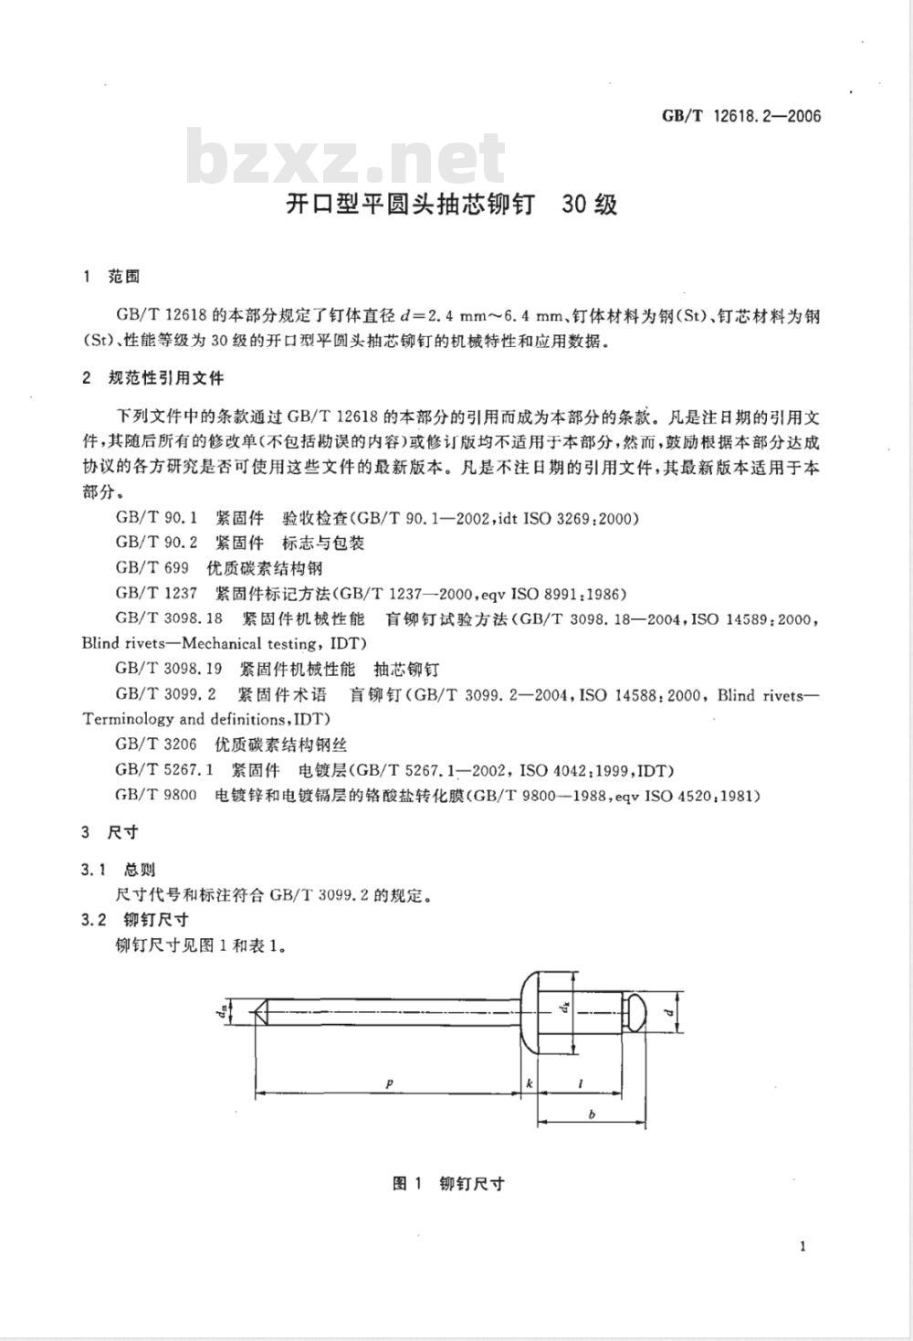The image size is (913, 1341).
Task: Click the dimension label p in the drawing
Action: point(389,1083)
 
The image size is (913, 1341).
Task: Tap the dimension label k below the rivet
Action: point(529,1083)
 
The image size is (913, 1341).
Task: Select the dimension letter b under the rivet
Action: point(593,1114)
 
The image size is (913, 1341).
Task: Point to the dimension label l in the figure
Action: point(582,1083)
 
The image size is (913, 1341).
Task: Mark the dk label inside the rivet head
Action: point(565,1008)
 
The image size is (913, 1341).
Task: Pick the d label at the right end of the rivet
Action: point(667,1013)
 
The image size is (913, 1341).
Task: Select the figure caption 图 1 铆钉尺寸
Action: point(447,1184)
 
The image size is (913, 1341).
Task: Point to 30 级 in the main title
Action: point(590,204)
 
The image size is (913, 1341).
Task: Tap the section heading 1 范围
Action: point(110,276)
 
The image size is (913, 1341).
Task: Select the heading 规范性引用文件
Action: point(165,377)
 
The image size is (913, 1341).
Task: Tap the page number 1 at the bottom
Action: point(803,1247)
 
